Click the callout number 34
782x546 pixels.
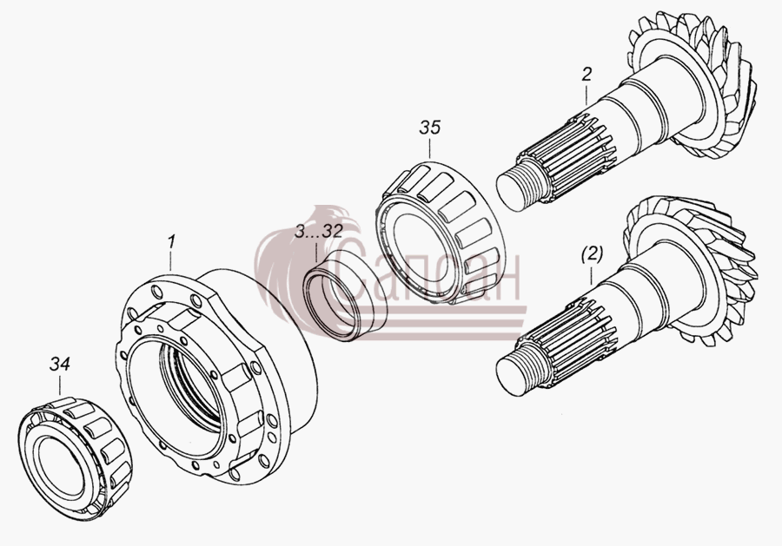(x=59, y=365)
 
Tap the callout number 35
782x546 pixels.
(x=430, y=128)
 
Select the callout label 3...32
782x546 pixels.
(x=318, y=231)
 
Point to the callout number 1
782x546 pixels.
(x=171, y=242)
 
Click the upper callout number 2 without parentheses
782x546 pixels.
(x=586, y=75)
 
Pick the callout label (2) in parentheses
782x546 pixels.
(x=592, y=254)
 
